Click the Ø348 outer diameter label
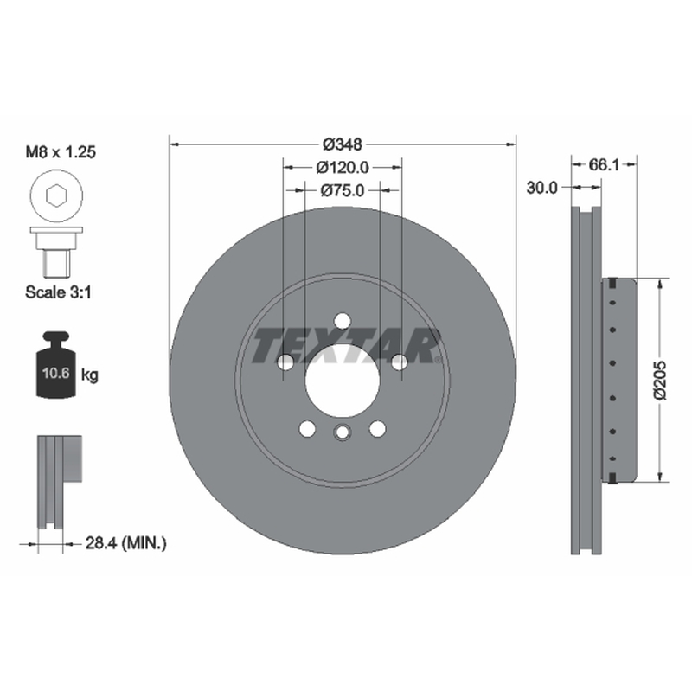click(342, 144)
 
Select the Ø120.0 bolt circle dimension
click(343, 168)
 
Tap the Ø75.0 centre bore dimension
click(343, 190)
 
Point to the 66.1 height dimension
click(604, 165)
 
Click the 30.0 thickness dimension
click(541, 188)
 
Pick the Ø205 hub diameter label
click(661, 380)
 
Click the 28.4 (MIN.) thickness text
click(125, 543)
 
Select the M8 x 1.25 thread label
click(61, 152)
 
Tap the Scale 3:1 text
click(58, 292)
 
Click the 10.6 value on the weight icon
click(55, 374)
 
